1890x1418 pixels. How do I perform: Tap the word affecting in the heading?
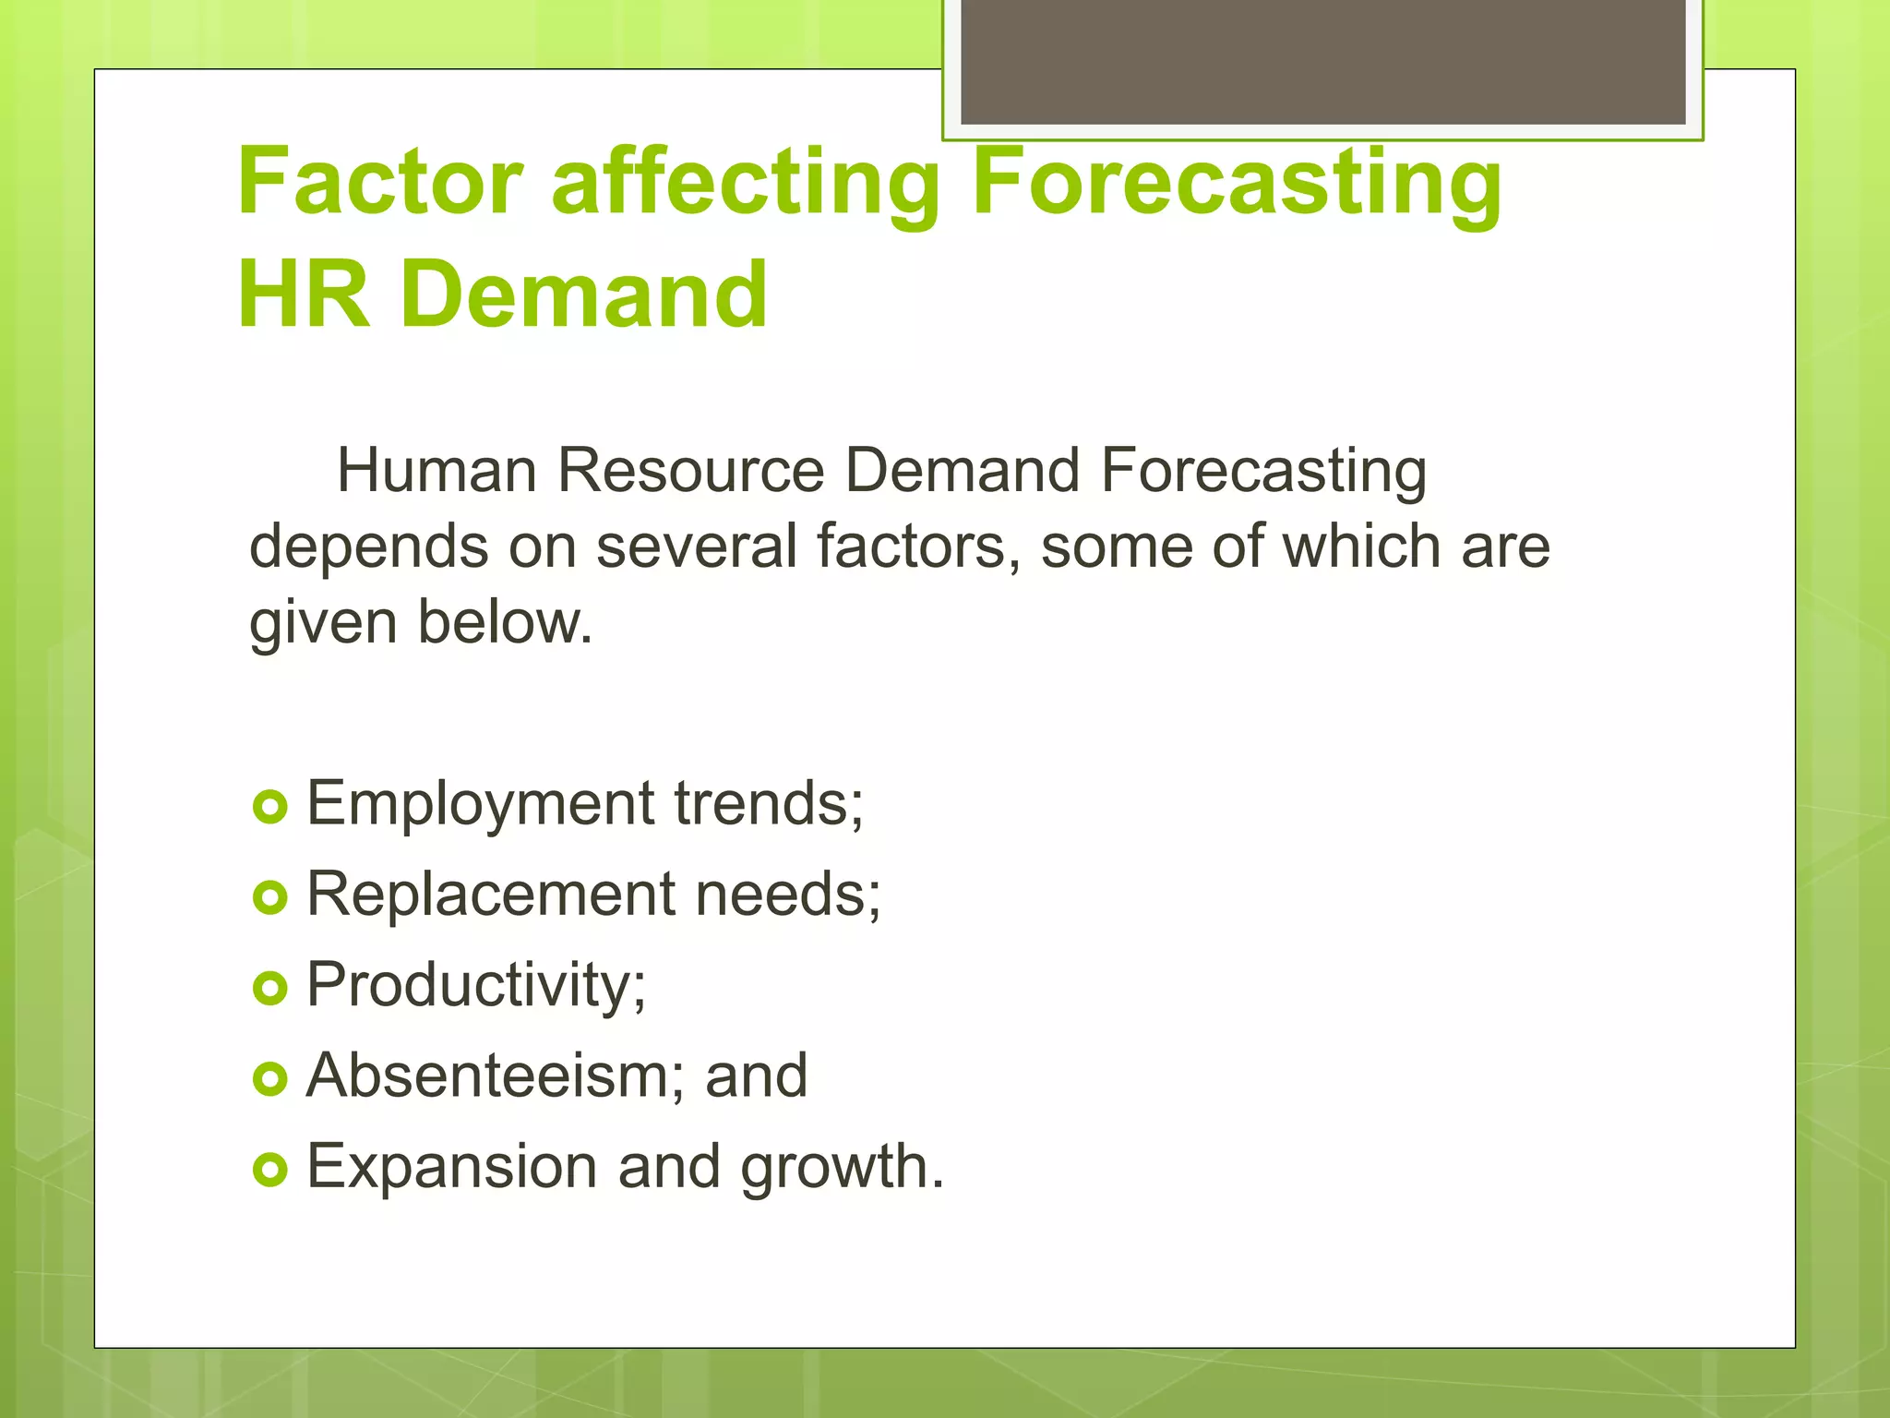(745, 182)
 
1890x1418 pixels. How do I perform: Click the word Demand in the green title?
(583, 295)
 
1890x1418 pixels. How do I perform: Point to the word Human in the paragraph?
(437, 471)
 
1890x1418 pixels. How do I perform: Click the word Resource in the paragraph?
(690, 471)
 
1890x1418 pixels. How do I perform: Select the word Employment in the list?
(480, 803)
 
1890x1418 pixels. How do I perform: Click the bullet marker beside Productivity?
(270, 989)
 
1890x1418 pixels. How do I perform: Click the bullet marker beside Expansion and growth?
(270, 1171)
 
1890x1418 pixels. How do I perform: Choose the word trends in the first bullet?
(768, 803)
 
